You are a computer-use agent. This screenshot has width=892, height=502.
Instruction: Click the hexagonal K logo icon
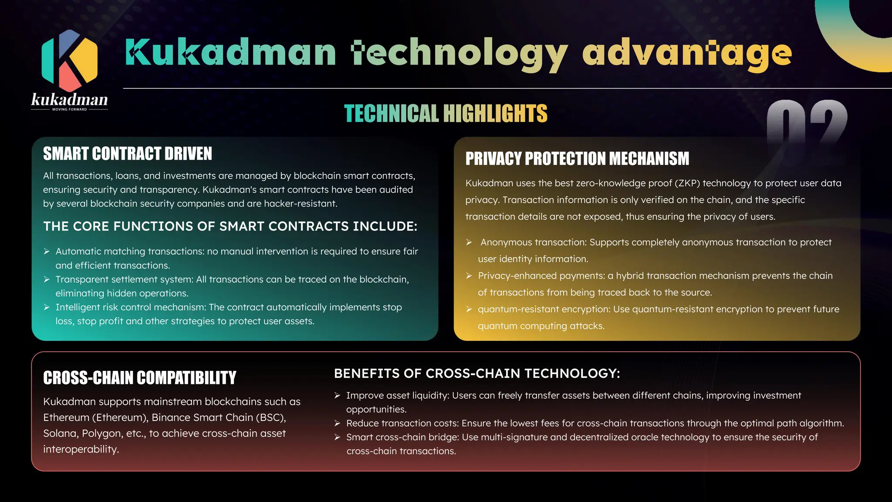(69, 61)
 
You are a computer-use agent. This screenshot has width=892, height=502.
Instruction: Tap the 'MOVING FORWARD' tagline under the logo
(69, 109)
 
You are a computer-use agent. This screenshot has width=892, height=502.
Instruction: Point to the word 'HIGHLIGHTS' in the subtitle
(495, 114)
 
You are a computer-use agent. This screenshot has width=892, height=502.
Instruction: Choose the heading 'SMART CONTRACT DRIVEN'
(128, 154)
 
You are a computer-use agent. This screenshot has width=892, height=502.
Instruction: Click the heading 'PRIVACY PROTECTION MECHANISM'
(577, 159)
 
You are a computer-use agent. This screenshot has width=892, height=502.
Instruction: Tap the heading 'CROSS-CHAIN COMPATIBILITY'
(139, 378)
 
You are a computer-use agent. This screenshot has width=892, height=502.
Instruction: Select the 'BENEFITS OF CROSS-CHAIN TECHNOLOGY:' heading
(477, 373)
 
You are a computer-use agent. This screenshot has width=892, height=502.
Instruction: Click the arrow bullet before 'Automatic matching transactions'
(47, 251)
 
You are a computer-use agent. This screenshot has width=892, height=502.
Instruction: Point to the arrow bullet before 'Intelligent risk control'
(47, 307)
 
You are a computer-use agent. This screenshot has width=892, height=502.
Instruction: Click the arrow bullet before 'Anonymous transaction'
(469, 242)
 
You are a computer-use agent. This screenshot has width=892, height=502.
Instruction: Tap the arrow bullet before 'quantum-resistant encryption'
(469, 309)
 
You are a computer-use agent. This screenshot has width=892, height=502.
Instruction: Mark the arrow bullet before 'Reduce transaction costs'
(337, 424)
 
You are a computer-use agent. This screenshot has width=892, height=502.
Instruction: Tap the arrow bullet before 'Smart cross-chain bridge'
(337, 438)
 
